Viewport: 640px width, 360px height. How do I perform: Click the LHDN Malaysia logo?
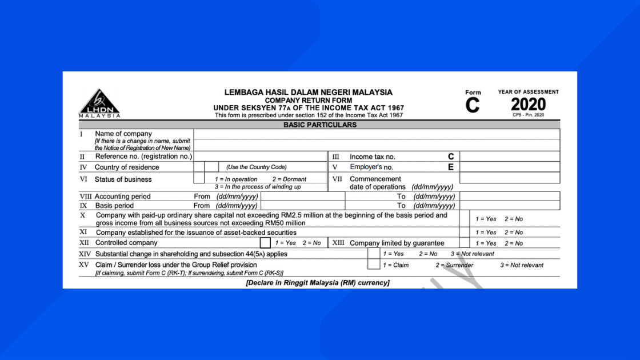99,103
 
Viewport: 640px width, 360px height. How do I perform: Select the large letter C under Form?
473,106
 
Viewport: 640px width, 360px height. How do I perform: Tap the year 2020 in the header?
528,104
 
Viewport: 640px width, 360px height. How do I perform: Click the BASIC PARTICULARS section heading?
319,125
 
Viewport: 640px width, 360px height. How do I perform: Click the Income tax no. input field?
509,156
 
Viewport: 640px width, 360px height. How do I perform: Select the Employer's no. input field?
509,167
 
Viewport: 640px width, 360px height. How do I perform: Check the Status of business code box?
199,178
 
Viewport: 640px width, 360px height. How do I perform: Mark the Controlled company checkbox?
265,243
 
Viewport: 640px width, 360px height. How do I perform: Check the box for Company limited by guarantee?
464,243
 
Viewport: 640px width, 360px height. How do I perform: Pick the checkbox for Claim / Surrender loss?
373,265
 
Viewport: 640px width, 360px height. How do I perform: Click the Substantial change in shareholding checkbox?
373,254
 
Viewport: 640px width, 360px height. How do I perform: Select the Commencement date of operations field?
509,178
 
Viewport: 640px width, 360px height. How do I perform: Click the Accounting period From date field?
302,196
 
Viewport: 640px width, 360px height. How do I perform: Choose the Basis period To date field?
509,205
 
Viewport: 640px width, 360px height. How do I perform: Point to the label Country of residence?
127,167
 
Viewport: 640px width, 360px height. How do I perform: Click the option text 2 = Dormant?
289,179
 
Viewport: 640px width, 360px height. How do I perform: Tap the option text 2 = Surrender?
454,265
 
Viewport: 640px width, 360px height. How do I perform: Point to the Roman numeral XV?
85,265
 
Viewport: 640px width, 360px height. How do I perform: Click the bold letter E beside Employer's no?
451,167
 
